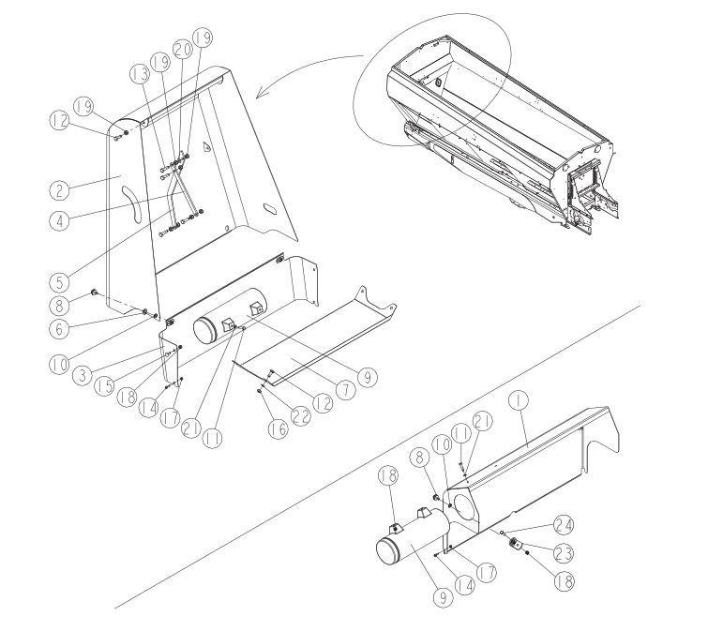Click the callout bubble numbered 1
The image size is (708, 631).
(518, 400)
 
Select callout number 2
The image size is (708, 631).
(59, 189)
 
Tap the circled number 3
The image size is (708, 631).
(83, 376)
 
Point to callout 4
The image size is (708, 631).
(59, 220)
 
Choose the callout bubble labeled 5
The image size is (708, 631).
(59, 282)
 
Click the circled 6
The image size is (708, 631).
(59, 328)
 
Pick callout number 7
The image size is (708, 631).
(346, 389)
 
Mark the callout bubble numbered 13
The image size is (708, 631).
(140, 74)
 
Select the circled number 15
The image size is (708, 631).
(105, 386)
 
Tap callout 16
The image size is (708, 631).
(278, 428)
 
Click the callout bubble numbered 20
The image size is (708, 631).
(183, 50)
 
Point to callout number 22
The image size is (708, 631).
(300, 415)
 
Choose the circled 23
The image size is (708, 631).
(563, 553)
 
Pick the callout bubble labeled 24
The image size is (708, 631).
(563, 525)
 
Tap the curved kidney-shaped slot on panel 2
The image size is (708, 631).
(132, 204)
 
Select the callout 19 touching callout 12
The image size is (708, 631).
(83, 107)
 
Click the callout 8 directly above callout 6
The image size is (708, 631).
(59, 306)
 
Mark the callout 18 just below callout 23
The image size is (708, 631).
(564, 581)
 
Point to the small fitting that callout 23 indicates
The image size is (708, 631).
(515, 544)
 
